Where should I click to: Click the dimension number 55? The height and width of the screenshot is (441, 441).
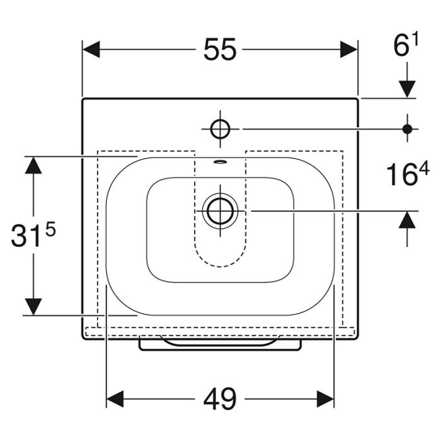220,50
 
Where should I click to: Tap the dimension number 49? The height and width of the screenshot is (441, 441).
220,399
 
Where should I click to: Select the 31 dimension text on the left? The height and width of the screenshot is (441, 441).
25,236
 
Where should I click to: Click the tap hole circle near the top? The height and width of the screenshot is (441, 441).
220,129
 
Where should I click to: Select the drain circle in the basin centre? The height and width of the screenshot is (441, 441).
220,210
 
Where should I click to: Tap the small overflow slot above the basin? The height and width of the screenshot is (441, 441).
220,161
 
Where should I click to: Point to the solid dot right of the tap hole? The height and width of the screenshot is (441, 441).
407,129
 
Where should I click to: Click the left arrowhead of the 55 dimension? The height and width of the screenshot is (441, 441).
91,50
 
